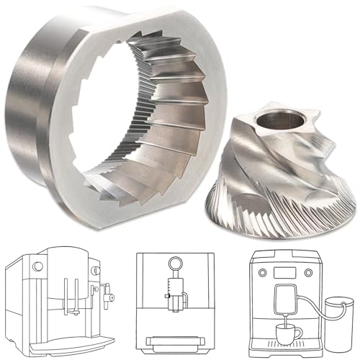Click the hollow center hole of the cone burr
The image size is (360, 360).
[x=282, y=114]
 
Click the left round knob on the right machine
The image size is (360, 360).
[x=263, y=273]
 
